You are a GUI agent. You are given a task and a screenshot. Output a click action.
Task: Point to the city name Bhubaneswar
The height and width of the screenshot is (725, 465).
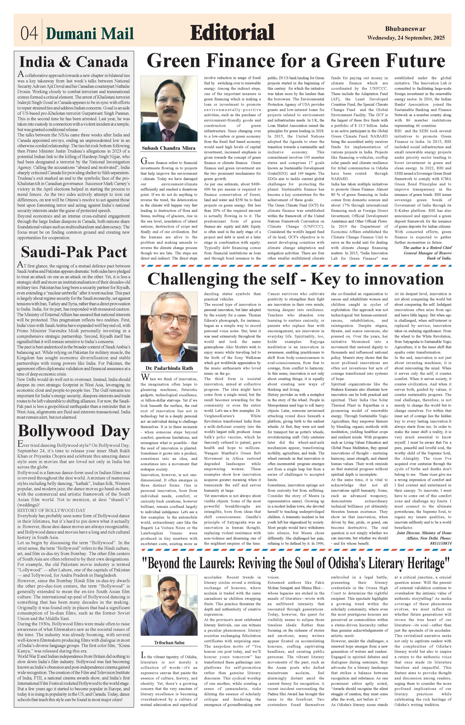tap(405, 29)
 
